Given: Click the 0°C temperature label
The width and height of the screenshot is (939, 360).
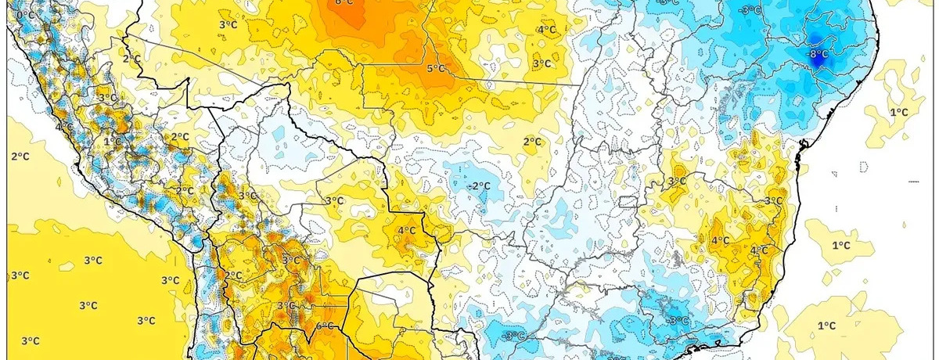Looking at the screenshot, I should [x=25, y=15].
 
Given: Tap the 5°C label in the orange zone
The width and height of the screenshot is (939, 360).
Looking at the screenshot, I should [x=436, y=69].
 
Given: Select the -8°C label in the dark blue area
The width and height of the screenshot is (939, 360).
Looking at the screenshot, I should [x=818, y=54].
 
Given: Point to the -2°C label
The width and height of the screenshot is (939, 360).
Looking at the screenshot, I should [x=479, y=185].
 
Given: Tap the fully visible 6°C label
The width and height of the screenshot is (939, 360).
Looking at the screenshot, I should [x=326, y=326].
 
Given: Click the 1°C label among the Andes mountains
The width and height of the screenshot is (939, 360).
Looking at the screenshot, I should [x=113, y=142].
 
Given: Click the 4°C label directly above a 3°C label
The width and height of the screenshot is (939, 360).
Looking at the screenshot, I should [x=546, y=30].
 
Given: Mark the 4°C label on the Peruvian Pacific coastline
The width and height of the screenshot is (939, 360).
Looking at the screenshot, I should [x=65, y=127].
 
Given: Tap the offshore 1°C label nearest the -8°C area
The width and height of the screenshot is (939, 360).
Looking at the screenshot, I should [x=899, y=112].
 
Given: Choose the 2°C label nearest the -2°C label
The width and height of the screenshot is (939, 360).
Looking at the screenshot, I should [x=532, y=142].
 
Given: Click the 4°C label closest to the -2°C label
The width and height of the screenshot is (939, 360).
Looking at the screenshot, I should [x=406, y=231].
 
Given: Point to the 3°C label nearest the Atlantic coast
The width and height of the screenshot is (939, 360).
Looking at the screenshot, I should [x=773, y=201].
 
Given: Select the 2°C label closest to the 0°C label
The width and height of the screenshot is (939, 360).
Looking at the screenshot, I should [x=131, y=59].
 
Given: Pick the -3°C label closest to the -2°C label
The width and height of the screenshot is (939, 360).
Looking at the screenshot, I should [x=513, y=337].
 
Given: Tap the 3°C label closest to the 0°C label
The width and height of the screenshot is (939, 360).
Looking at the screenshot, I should [x=107, y=98].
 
